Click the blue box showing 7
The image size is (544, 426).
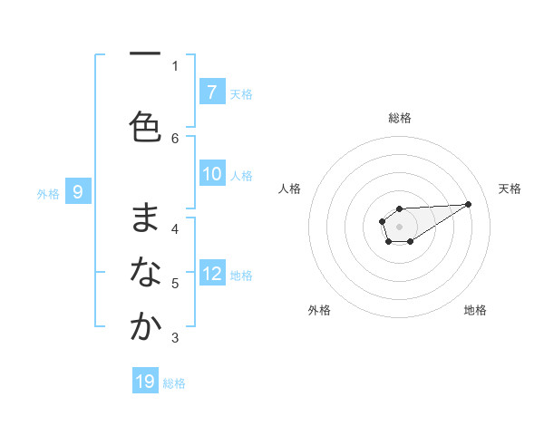(211, 92)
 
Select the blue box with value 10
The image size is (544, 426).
(212, 174)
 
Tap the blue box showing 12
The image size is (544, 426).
(212, 273)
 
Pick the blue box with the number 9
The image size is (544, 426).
(78, 191)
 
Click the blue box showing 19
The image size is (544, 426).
(145, 382)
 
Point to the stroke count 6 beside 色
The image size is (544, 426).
(175, 138)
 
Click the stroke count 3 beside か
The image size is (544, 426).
(175, 338)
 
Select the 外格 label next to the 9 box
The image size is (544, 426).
(48, 193)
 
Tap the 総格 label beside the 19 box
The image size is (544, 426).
(174, 383)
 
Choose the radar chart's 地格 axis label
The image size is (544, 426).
(475, 310)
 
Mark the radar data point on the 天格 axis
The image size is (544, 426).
(469, 203)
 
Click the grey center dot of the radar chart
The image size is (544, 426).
(399, 226)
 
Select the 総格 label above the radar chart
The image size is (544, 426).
(399, 118)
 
